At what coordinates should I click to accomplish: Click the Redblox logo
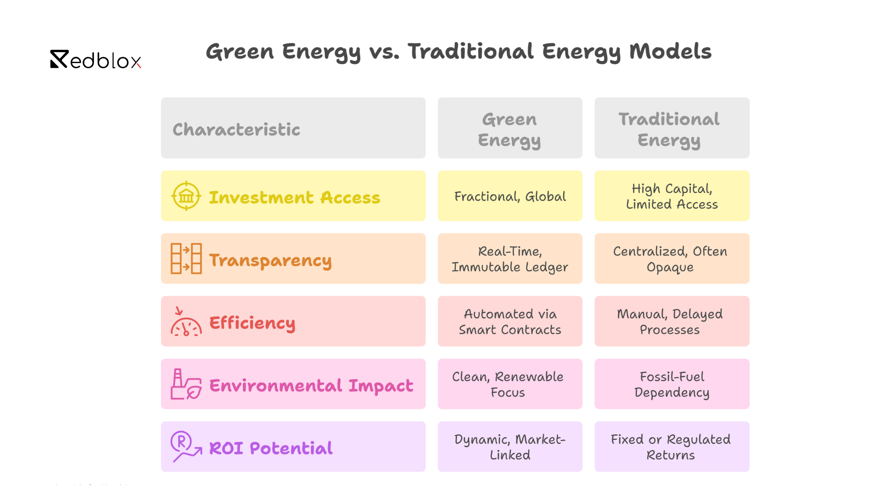tap(95, 60)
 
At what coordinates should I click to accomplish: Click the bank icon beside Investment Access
tap(186, 196)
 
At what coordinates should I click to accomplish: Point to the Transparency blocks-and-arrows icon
tap(186, 259)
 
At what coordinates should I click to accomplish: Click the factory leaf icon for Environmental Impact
tap(186, 384)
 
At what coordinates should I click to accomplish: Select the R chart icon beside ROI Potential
tap(186, 446)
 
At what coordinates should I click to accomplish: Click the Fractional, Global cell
tap(510, 196)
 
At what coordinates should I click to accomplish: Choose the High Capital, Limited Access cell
tap(672, 196)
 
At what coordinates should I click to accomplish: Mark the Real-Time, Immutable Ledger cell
tap(510, 259)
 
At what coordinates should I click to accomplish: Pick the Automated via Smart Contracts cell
tap(510, 322)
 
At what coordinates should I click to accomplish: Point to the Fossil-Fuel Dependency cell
tap(672, 385)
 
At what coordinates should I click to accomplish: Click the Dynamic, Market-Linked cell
tap(510, 447)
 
